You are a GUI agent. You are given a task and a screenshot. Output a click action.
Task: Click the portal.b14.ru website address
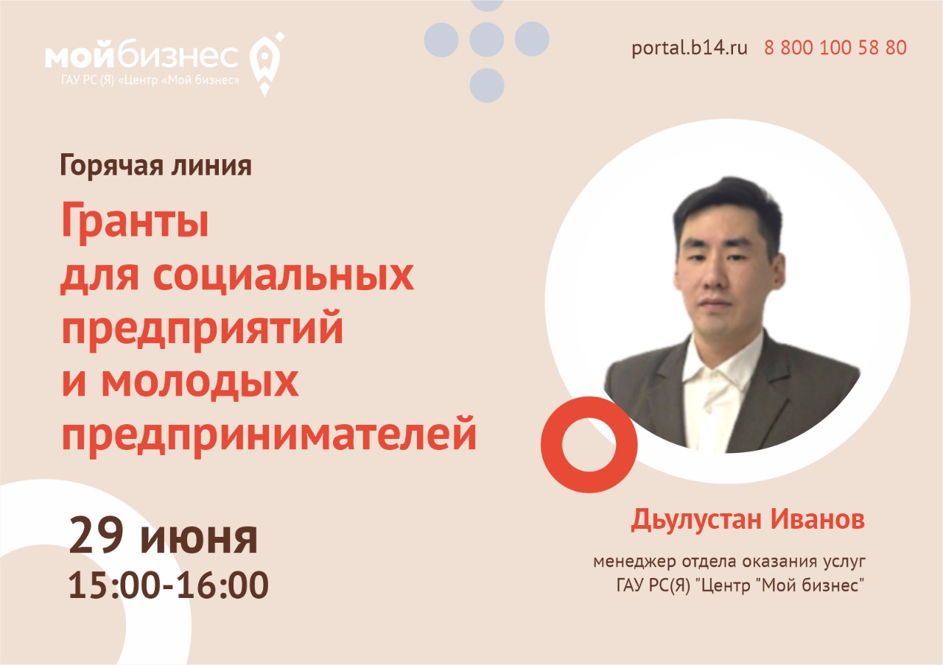click(x=689, y=49)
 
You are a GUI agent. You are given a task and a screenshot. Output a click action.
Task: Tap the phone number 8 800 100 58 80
click(x=835, y=48)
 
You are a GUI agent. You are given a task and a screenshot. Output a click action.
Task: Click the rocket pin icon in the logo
click(x=266, y=63)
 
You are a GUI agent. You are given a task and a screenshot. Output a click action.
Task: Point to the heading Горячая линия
click(x=156, y=166)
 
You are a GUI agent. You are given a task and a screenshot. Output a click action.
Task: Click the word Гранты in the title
click(x=135, y=221)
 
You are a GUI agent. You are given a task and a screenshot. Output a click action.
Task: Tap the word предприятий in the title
click(x=203, y=328)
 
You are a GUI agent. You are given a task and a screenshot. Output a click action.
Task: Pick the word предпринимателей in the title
click(x=270, y=434)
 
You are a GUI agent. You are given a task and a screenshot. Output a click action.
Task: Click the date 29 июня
click(x=164, y=535)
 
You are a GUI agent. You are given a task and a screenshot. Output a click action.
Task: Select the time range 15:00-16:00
click(x=169, y=585)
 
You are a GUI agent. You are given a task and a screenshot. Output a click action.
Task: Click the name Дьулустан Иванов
click(x=748, y=521)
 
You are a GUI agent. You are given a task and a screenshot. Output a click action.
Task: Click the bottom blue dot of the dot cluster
click(x=487, y=85)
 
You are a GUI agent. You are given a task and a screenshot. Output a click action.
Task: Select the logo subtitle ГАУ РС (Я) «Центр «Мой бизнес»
click(x=150, y=80)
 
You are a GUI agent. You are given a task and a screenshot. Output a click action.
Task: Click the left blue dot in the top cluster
click(x=441, y=40)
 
